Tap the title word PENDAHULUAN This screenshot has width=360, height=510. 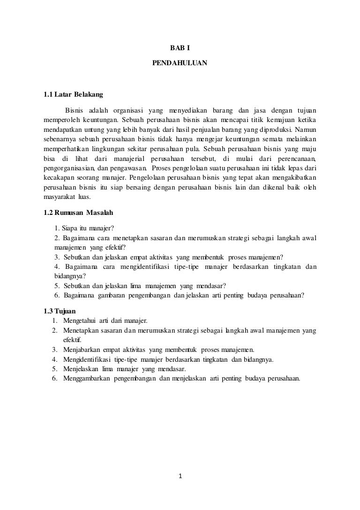180,62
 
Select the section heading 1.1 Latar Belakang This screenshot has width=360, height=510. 73,95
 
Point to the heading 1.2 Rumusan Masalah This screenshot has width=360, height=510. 78,213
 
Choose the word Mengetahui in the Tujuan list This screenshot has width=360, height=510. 79,321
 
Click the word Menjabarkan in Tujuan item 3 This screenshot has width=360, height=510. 80,350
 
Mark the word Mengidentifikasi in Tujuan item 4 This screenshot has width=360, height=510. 86,359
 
